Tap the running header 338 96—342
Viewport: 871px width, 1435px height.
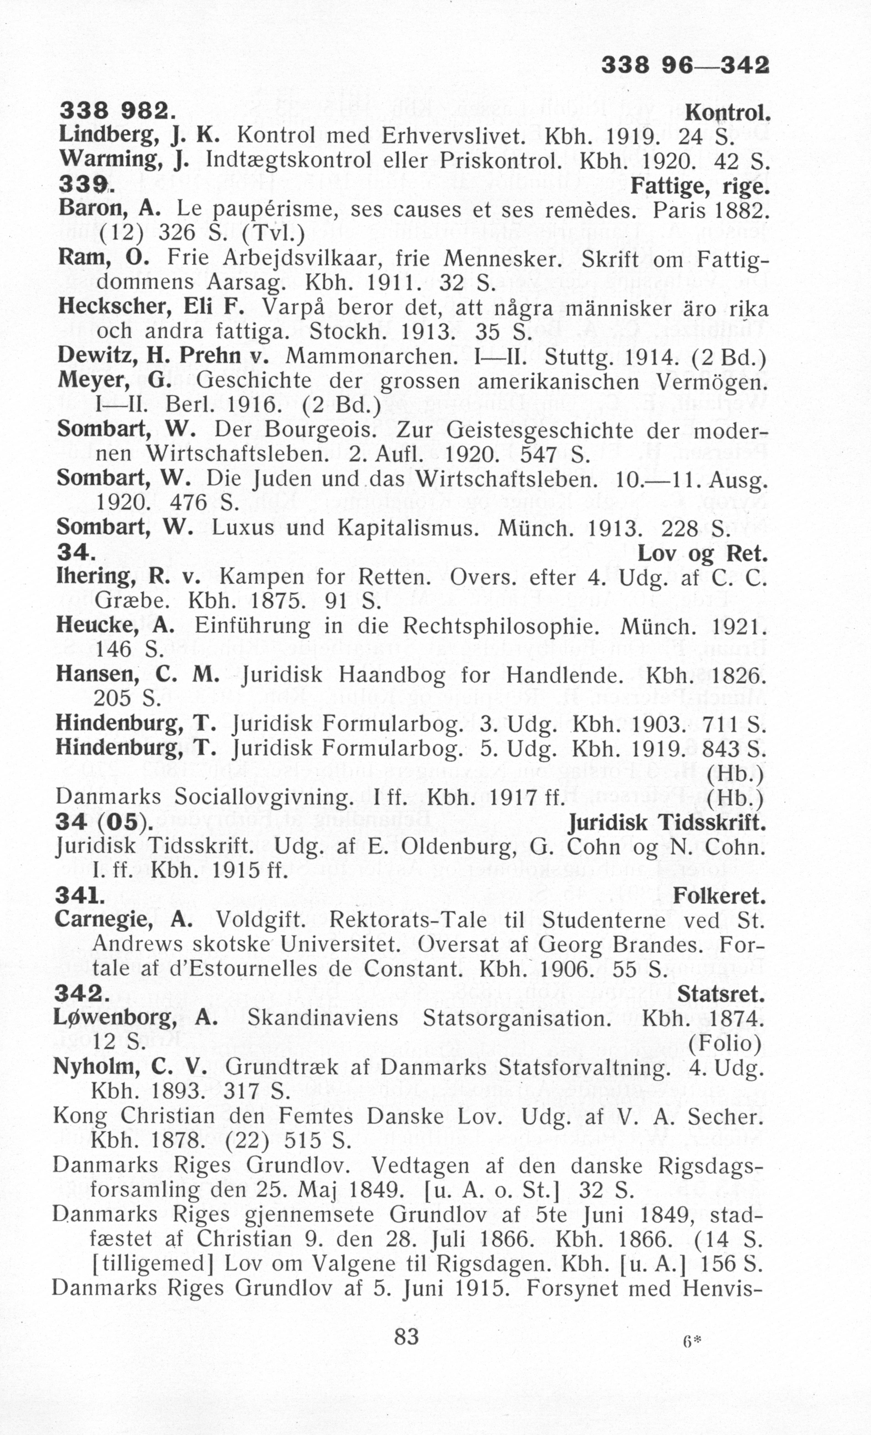point(685,65)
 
